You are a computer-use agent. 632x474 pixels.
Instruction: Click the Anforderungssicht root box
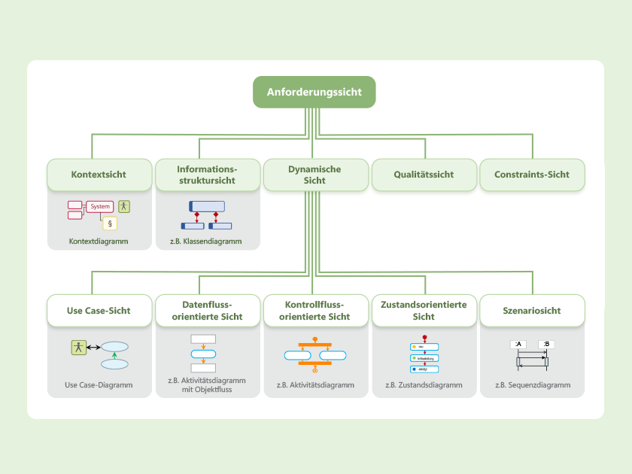pos(314,92)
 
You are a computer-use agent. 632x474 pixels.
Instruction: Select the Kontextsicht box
pos(99,175)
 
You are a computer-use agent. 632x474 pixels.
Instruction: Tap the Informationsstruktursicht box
pos(207,175)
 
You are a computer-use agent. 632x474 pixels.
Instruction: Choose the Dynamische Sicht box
pos(314,175)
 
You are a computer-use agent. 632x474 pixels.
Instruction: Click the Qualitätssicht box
pos(424,175)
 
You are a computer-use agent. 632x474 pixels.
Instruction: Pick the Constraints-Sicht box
pos(532,175)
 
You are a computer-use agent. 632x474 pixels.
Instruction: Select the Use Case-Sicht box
pos(99,311)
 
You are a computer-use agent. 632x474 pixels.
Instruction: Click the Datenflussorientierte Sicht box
pos(207,311)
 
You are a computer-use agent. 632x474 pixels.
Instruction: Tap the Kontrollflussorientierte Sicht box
pos(314,311)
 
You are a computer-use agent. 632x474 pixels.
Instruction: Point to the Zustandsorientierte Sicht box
pos(424,311)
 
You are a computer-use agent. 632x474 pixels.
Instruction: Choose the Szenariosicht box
pos(532,311)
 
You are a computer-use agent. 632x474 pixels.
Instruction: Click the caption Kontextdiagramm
pos(99,242)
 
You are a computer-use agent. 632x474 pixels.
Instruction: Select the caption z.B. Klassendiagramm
pos(206,242)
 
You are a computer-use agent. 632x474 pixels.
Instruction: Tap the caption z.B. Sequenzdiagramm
pos(533,384)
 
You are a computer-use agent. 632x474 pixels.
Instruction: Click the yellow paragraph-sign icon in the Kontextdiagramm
pos(110,223)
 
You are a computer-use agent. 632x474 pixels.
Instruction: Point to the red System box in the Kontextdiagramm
pos(100,206)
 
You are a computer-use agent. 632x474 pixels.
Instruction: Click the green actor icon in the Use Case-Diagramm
pos(77,347)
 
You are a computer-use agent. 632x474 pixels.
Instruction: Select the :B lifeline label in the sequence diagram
pos(546,345)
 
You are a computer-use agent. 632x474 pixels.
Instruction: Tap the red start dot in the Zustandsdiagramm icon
pos(424,337)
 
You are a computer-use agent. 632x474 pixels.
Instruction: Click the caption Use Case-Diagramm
pos(99,384)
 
